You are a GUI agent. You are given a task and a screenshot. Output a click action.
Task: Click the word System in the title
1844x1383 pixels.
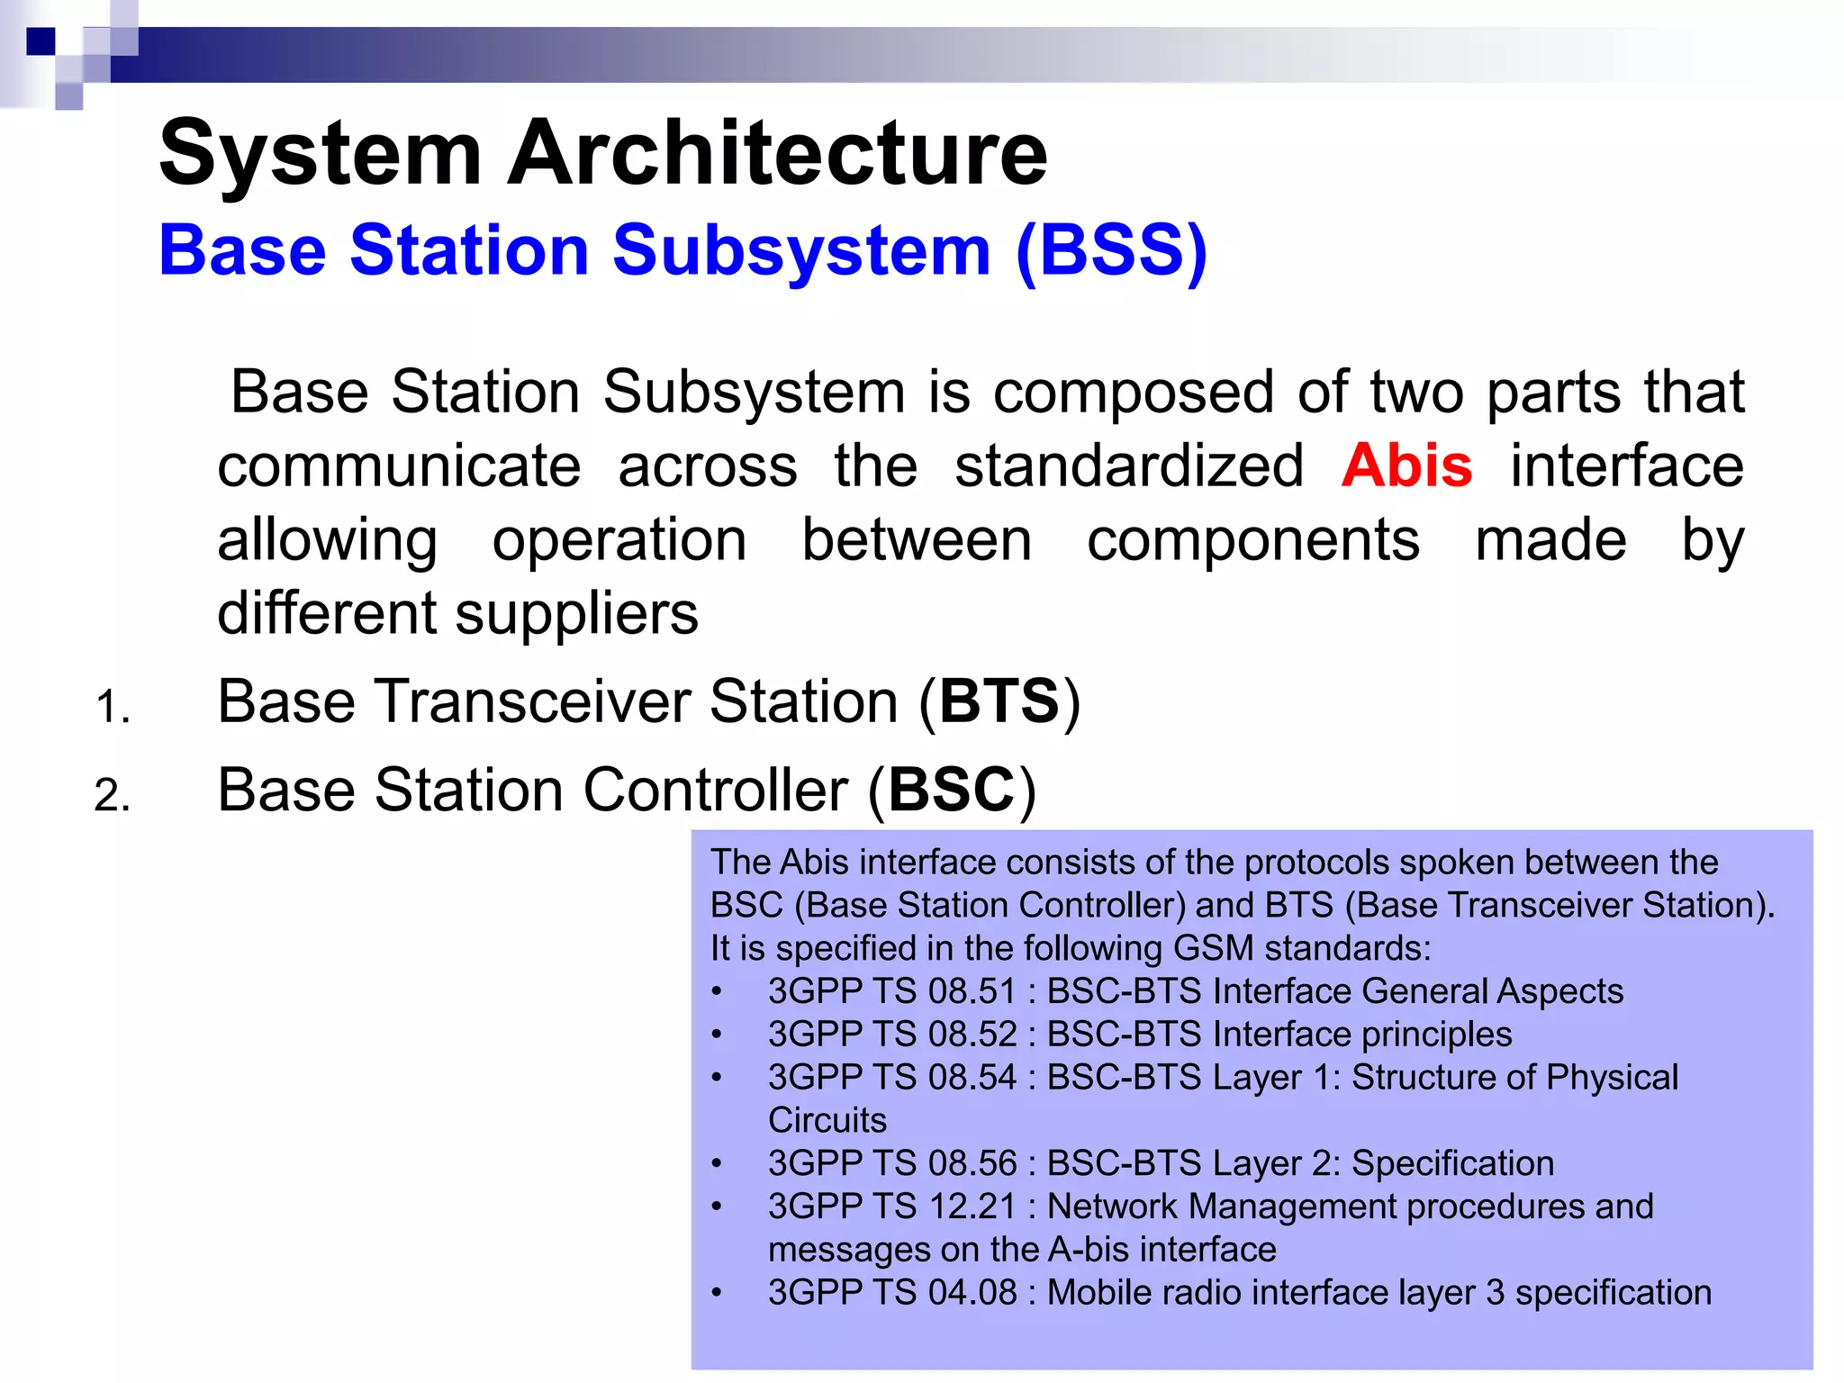click(321, 155)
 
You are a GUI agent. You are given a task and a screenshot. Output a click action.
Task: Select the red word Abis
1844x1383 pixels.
click(1406, 466)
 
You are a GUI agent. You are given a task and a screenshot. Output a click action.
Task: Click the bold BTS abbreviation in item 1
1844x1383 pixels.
click(999, 701)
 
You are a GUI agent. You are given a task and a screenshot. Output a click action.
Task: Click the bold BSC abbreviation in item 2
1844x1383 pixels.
click(952, 791)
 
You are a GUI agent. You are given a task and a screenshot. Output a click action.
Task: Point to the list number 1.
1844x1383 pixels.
click(112, 707)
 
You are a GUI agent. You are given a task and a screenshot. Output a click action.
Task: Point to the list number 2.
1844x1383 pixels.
click(112, 796)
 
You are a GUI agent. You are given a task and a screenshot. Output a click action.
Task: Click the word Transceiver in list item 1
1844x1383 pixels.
click(533, 701)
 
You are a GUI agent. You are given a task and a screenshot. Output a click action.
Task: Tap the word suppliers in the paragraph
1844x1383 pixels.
click(576, 615)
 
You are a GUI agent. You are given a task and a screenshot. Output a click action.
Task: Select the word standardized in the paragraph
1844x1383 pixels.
click(1129, 466)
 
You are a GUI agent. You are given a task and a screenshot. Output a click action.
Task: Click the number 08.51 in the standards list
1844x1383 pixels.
click(972, 991)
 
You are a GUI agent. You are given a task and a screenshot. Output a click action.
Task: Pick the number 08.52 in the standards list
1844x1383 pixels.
click(972, 1035)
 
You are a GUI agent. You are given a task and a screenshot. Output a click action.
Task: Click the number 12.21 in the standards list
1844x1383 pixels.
click(972, 1207)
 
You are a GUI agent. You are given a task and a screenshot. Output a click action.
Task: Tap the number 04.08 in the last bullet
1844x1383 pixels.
click(972, 1293)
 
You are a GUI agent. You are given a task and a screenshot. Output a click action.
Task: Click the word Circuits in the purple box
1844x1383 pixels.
click(827, 1121)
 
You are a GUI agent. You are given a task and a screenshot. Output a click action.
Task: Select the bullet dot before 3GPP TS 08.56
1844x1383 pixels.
click(717, 1164)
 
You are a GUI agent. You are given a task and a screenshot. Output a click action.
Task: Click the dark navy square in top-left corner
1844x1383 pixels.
click(41, 41)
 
